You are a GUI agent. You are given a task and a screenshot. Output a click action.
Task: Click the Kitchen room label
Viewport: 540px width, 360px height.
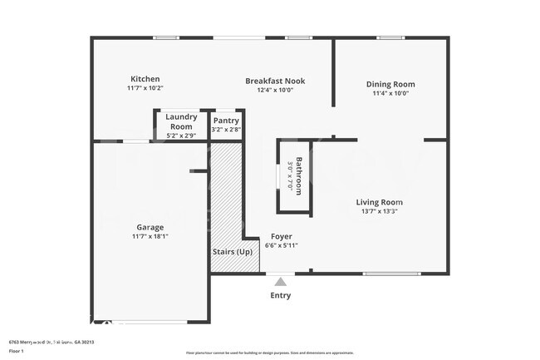(x=145, y=79)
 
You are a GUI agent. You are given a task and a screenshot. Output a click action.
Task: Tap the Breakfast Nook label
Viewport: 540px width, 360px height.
(x=275, y=81)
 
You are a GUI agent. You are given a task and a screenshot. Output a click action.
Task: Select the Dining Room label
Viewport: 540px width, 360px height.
(x=390, y=84)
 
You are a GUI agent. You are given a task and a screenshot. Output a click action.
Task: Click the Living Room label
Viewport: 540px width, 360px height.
(x=379, y=202)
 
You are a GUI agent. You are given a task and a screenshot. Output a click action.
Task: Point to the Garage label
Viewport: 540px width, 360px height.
(x=150, y=227)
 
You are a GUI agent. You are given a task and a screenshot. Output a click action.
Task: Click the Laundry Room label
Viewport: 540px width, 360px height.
(x=181, y=121)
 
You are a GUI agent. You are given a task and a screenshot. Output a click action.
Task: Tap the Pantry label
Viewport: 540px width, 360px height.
(x=226, y=121)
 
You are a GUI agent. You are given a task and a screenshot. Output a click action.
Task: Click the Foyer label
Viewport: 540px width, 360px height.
(x=281, y=236)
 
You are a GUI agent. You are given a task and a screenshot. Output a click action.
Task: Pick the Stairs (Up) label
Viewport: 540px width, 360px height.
(x=233, y=251)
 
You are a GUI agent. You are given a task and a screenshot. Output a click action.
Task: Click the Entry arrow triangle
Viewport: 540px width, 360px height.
(x=281, y=281)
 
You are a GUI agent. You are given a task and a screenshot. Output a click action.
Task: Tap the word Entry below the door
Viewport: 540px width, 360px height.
(x=281, y=295)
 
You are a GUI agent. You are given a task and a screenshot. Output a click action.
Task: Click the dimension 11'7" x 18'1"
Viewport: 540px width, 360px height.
(x=150, y=236)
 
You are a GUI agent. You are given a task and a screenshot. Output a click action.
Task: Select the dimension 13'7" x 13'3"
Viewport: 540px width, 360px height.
(x=379, y=211)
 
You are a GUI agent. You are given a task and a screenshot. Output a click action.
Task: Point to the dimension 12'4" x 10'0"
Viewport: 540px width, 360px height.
(x=275, y=90)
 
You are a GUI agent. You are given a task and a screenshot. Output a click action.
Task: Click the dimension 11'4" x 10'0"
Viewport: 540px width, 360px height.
(x=390, y=93)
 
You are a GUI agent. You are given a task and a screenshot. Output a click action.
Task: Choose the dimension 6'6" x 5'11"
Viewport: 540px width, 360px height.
(x=281, y=245)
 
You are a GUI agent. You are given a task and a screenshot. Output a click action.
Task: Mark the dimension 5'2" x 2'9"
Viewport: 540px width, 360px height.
(x=181, y=135)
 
